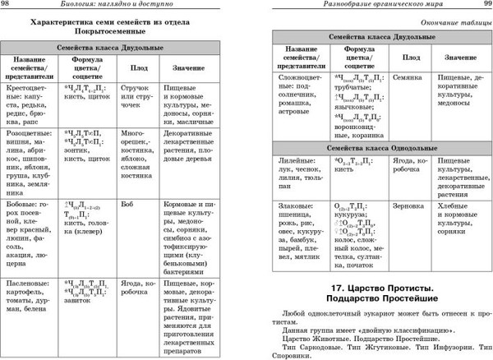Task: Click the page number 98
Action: tap(8, 6)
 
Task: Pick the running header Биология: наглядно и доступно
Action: tap(120, 6)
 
